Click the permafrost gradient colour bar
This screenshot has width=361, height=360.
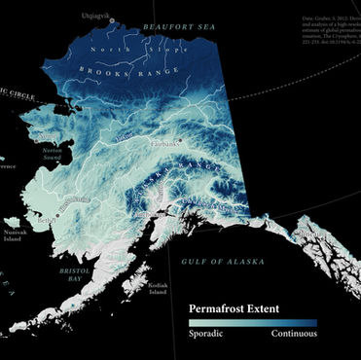(252, 323)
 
